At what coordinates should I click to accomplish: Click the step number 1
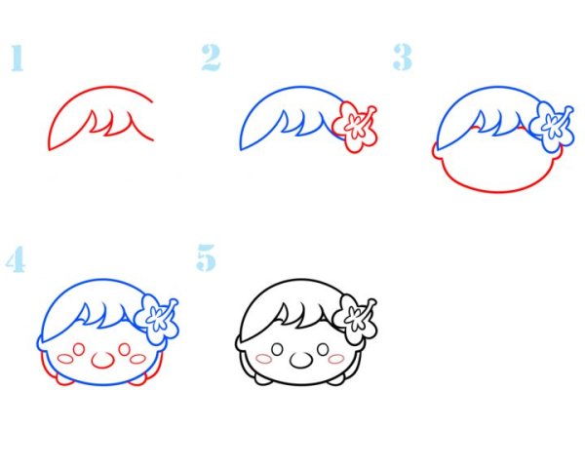coord(18,58)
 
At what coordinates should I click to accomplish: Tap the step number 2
coord(212,58)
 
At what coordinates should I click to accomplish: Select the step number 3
coord(403,58)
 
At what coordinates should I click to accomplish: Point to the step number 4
coord(16,259)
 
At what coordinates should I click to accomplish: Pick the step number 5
coord(207,257)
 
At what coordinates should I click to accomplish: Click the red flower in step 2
coord(355,127)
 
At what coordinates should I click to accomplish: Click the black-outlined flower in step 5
coord(355,320)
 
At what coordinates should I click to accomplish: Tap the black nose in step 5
coord(300,360)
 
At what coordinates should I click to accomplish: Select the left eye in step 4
coord(78,350)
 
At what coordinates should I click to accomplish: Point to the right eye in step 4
coord(125,350)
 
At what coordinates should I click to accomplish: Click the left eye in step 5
coord(277,350)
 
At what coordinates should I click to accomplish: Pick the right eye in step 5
coord(323,350)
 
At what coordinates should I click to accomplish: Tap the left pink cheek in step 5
coord(264,359)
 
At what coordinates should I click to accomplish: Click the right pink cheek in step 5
coord(335,359)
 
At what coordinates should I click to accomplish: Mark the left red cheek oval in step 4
coord(65,359)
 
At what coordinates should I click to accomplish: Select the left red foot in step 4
coord(64,380)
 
